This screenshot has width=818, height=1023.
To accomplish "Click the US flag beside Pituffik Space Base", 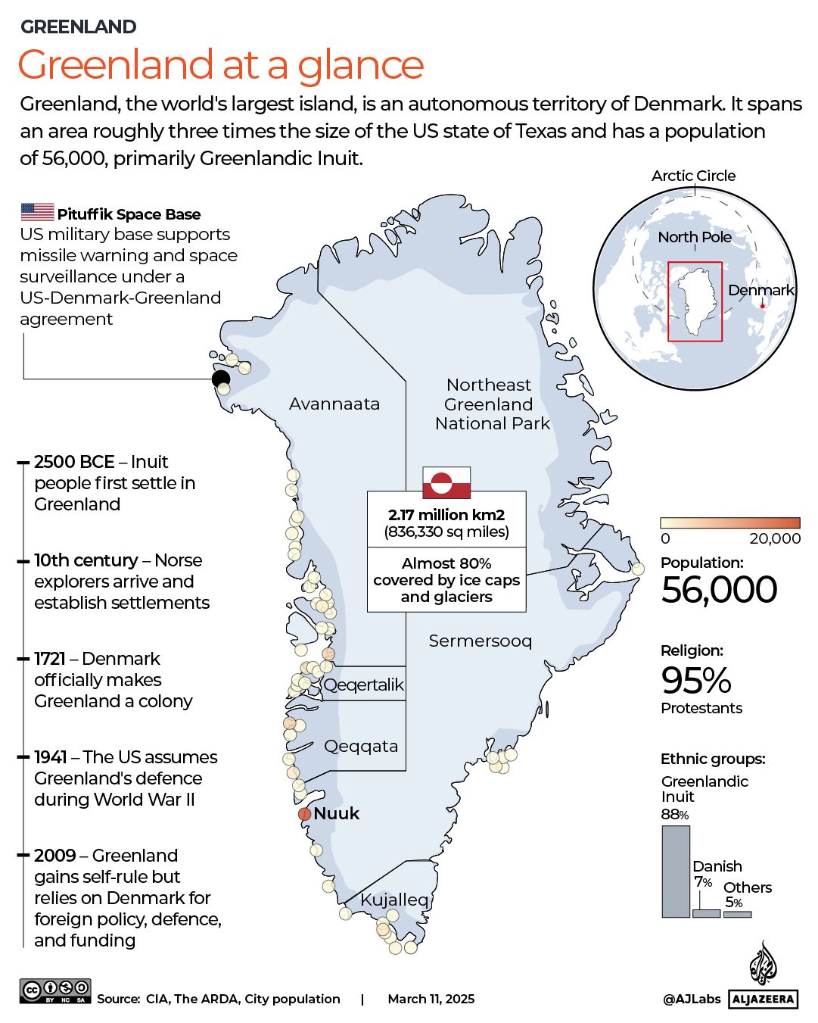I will point(37,212).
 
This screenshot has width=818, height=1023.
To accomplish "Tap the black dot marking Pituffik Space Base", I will point(220,379).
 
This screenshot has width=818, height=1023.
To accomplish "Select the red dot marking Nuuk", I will point(304,814).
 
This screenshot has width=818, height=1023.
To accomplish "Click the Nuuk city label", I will point(337,813).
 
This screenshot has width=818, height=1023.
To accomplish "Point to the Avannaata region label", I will point(334,404).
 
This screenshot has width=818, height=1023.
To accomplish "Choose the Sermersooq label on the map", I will point(480,641).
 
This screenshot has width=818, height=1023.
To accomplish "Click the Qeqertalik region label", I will point(364,685).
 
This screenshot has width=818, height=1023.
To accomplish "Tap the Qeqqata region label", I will point(361,747).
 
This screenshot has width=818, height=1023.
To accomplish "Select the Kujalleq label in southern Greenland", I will point(394,900).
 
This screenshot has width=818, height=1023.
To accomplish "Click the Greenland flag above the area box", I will point(446,482).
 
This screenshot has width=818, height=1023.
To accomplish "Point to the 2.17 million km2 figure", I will point(446,515).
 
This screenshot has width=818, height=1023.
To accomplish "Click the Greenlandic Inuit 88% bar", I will point(676,872).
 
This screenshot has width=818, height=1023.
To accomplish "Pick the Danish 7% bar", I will point(706,913).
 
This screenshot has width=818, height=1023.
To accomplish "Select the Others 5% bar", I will point(737,914).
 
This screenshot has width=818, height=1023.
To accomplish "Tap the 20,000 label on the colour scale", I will point(775,538).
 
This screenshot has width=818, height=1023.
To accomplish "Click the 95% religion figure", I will point(696,680).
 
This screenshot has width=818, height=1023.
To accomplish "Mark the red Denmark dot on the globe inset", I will point(763,306).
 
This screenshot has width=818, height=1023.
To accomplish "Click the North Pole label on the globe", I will point(695,237).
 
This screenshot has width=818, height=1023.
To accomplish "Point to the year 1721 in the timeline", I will point(50,659).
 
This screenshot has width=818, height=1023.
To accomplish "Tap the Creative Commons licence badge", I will point(55,991).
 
